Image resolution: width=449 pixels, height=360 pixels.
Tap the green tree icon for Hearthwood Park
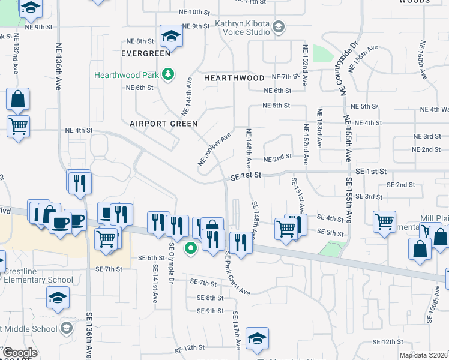click(169, 74)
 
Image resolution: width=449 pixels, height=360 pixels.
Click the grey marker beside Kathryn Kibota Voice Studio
click(278, 26)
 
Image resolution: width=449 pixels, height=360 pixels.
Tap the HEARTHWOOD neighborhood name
click(234, 78)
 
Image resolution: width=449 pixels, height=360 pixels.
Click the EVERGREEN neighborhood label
click(146, 53)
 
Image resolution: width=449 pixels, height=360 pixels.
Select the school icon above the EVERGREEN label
click(171, 36)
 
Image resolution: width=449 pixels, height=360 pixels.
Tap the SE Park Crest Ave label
click(237, 273)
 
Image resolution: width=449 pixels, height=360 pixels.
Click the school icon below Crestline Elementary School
click(58, 298)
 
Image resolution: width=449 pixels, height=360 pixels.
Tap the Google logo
click(20, 353)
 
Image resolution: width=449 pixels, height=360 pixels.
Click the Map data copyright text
click(423, 355)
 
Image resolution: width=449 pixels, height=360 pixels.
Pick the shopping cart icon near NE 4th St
click(18, 126)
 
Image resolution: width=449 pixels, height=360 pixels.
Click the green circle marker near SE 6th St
click(191, 247)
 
